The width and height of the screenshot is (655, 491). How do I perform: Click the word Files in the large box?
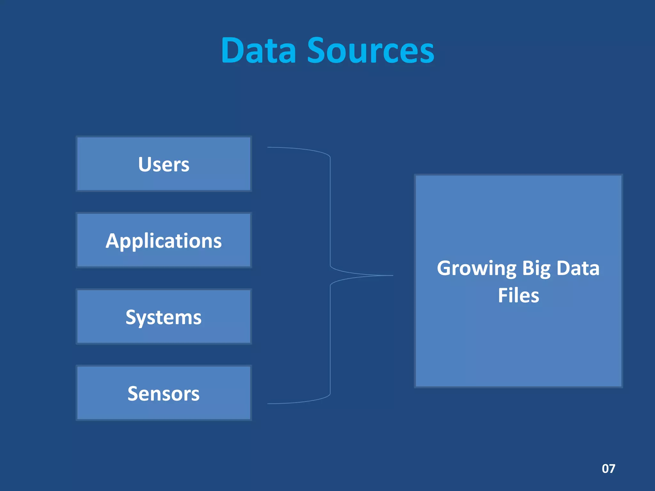[518, 295]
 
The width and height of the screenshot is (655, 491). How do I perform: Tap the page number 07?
[608, 469]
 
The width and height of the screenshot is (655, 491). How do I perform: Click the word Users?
[164, 164]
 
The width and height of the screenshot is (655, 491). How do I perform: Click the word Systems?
[164, 317]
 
